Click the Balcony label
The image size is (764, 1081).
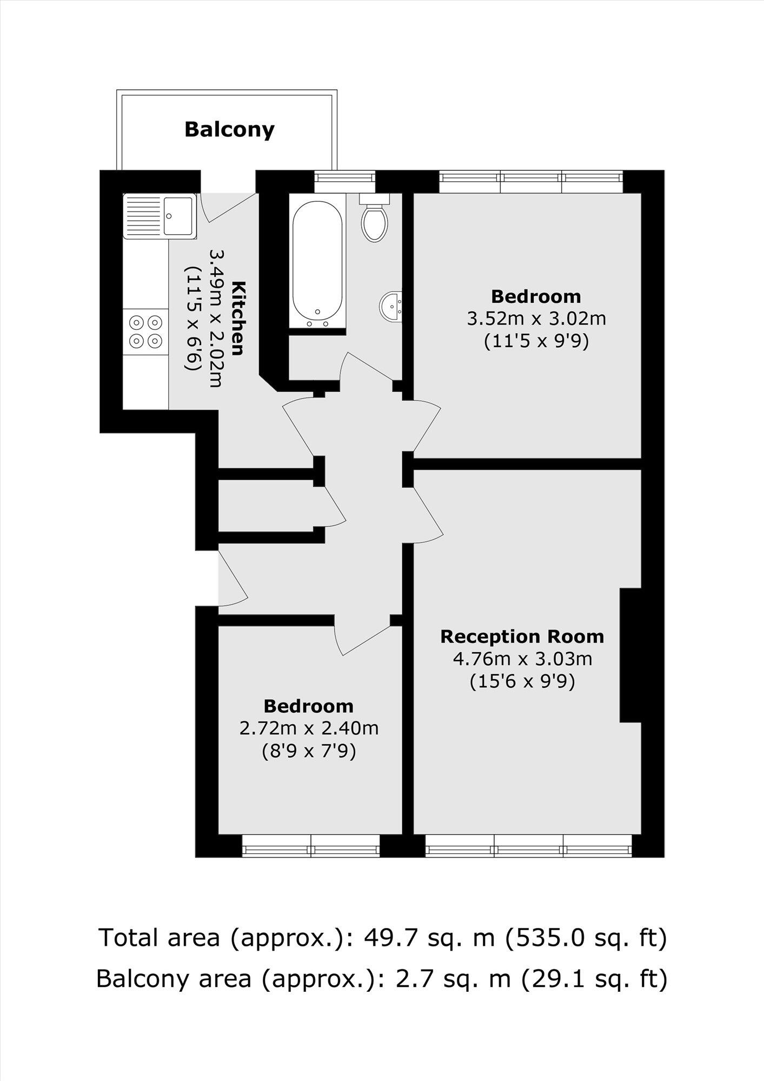[229, 130]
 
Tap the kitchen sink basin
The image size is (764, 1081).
[178, 216]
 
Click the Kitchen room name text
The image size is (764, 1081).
[238, 317]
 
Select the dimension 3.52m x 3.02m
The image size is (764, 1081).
[536, 319]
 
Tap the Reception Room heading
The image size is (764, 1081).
[522, 636]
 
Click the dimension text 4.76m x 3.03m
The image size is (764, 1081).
[522, 659]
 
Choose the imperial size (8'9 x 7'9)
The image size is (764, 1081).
[309, 751]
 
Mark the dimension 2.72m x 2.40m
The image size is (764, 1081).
[309, 728]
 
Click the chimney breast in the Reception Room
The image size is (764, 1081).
[630, 655]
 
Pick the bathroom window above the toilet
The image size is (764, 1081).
[345, 178]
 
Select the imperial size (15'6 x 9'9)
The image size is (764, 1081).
[522, 681]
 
